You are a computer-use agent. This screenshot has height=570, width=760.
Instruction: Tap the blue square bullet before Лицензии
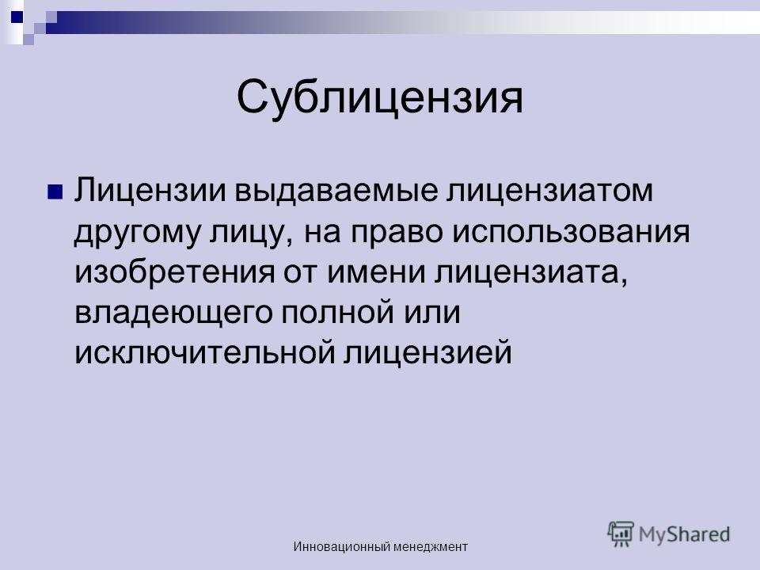pyautogui.click(x=55, y=192)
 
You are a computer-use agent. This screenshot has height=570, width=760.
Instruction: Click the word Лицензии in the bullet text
pyautogui.click(x=150, y=191)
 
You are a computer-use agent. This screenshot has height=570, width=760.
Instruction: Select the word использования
pyautogui.click(x=571, y=233)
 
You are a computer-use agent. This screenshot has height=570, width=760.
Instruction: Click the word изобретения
pyautogui.click(x=174, y=272)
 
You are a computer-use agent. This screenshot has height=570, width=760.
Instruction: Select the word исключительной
pyautogui.click(x=205, y=353)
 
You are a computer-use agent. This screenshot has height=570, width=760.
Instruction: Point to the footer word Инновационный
pyautogui.click(x=342, y=547)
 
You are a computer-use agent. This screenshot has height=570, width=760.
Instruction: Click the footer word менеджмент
pyautogui.click(x=431, y=548)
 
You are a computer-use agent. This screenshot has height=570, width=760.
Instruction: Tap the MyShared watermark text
pyautogui.click(x=684, y=534)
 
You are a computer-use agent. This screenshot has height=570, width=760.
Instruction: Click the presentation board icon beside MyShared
pyautogui.click(x=621, y=534)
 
